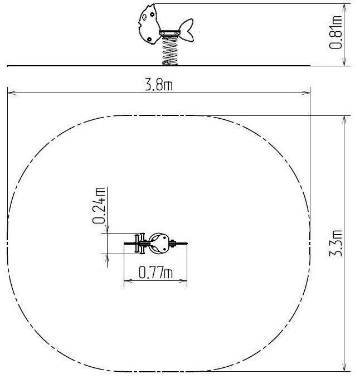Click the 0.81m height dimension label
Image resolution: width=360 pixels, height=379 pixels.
pos(336,32)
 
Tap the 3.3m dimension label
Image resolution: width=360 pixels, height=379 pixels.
pos(336,243)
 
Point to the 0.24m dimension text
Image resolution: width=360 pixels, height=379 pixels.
pos(99,206)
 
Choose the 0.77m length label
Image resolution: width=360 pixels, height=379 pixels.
pos(155,273)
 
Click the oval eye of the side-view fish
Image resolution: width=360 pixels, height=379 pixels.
pos(144,17)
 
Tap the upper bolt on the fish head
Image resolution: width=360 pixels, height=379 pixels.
pos(152,14)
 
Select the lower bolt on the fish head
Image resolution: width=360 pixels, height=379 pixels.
pos(149,40)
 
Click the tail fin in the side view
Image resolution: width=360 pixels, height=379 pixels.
pos(187,30)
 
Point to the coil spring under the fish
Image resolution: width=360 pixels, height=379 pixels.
pos(170,51)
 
